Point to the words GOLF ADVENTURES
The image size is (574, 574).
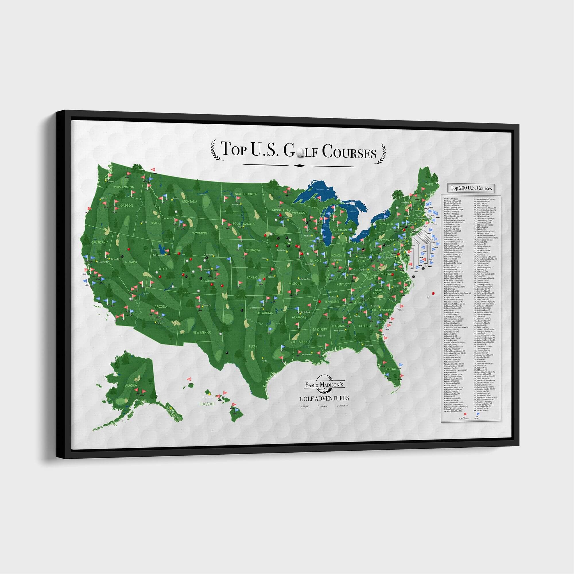point(324,398)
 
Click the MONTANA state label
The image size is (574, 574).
point(189,201)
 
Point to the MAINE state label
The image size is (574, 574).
point(429,185)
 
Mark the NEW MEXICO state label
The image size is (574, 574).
point(201,332)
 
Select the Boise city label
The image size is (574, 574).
point(145,222)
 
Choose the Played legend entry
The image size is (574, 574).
point(305,406)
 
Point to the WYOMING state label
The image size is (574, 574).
point(199,233)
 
